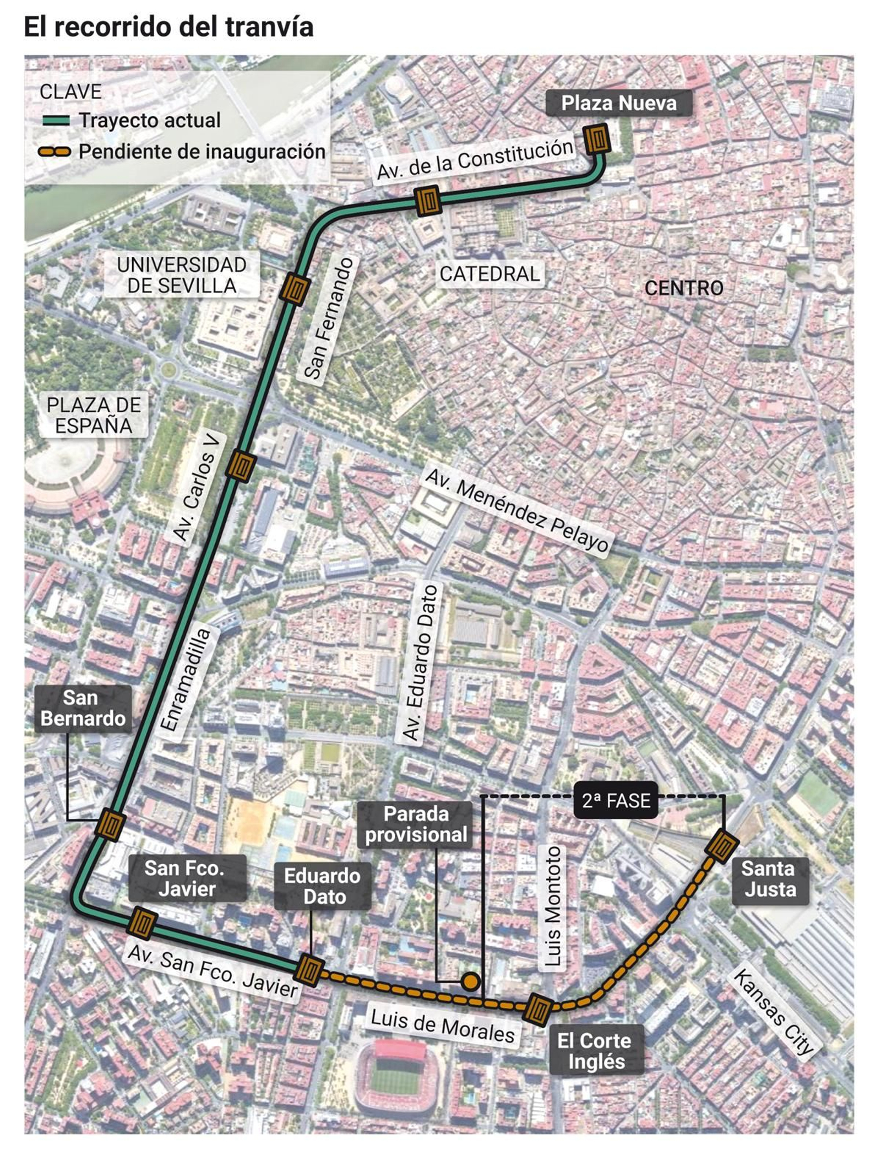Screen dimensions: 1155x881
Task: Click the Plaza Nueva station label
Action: [618, 103]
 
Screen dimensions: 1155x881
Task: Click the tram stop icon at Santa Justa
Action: [721, 846]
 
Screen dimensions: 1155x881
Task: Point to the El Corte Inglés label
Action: [596, 1051]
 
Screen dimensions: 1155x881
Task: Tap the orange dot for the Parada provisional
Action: [470, 981]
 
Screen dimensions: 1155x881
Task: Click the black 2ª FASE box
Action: [616, 800]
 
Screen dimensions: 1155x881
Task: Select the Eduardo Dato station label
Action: [323, 886]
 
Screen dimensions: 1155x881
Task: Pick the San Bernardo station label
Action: [83, 708]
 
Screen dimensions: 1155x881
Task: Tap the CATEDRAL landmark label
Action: [490, 274]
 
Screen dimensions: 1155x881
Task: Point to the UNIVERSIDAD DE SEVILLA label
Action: [182, 275]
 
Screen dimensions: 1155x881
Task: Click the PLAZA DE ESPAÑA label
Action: [94, 415]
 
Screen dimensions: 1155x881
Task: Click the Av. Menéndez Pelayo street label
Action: [517, 510]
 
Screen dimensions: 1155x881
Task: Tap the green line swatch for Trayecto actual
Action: [56, 121]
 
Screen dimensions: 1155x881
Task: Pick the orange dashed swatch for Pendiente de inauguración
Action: [54, 152]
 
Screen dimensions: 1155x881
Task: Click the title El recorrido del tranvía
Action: [168, 26]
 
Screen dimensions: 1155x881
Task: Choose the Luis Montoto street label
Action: [552, 906]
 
